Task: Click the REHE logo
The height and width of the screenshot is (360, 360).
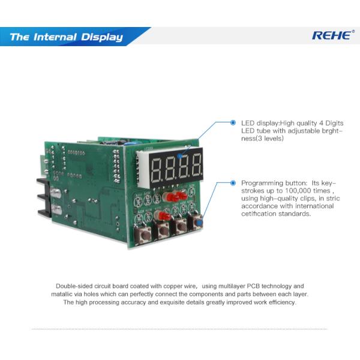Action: click(332, 35)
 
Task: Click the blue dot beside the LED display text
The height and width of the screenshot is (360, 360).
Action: click(233, 122)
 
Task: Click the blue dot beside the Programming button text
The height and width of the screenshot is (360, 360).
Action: click(233, 182)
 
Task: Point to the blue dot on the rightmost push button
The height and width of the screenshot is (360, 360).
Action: click(198, 223)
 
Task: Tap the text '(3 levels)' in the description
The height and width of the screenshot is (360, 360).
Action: click(268, 139)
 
